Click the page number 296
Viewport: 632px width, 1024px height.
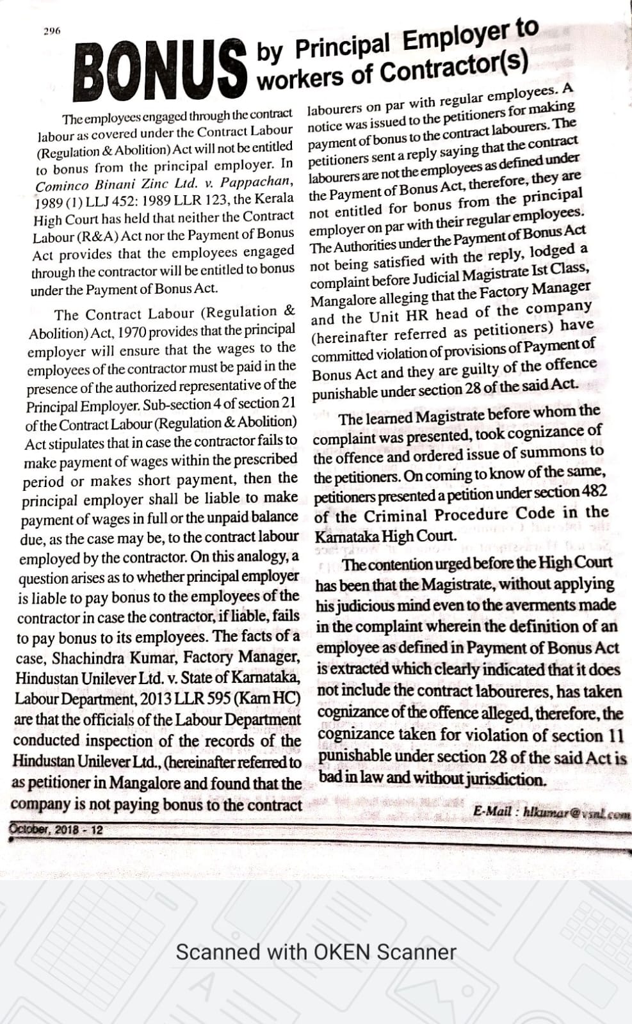[52, 31]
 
